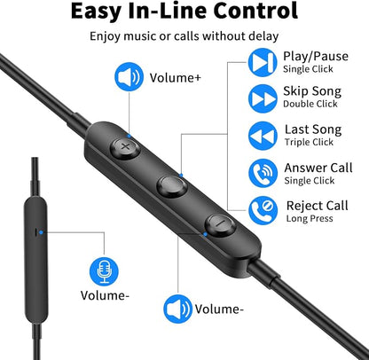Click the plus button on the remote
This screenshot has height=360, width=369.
tap(125, 146)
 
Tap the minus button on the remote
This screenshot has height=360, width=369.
tap(220, 225)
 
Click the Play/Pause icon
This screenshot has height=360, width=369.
tap(263, 62)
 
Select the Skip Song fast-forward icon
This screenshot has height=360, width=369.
tap(263, 98)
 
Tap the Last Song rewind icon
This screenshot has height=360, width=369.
tap(263, 136)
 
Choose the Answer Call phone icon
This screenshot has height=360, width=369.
tap(263, 173)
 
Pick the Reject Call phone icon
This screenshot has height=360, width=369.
tap(263, 210)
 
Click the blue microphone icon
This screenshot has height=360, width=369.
tap(104, 271)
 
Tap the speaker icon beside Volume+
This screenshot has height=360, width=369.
tap(129, 76)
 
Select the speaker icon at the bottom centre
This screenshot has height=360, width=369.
tap(178, 309)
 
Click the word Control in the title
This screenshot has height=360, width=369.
tap(255, 11)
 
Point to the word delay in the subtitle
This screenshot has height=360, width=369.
tap(263, 36)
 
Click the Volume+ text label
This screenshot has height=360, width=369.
tap(175, 78)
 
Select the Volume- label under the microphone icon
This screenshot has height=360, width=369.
tap(105, 295)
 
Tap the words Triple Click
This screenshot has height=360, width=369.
tap(309, 142)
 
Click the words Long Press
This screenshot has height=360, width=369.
tap(310, 218)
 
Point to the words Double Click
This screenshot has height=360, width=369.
tap(310, 104)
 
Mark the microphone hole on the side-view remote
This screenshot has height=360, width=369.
tap(36, 232)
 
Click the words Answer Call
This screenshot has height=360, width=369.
tap(318, 168)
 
